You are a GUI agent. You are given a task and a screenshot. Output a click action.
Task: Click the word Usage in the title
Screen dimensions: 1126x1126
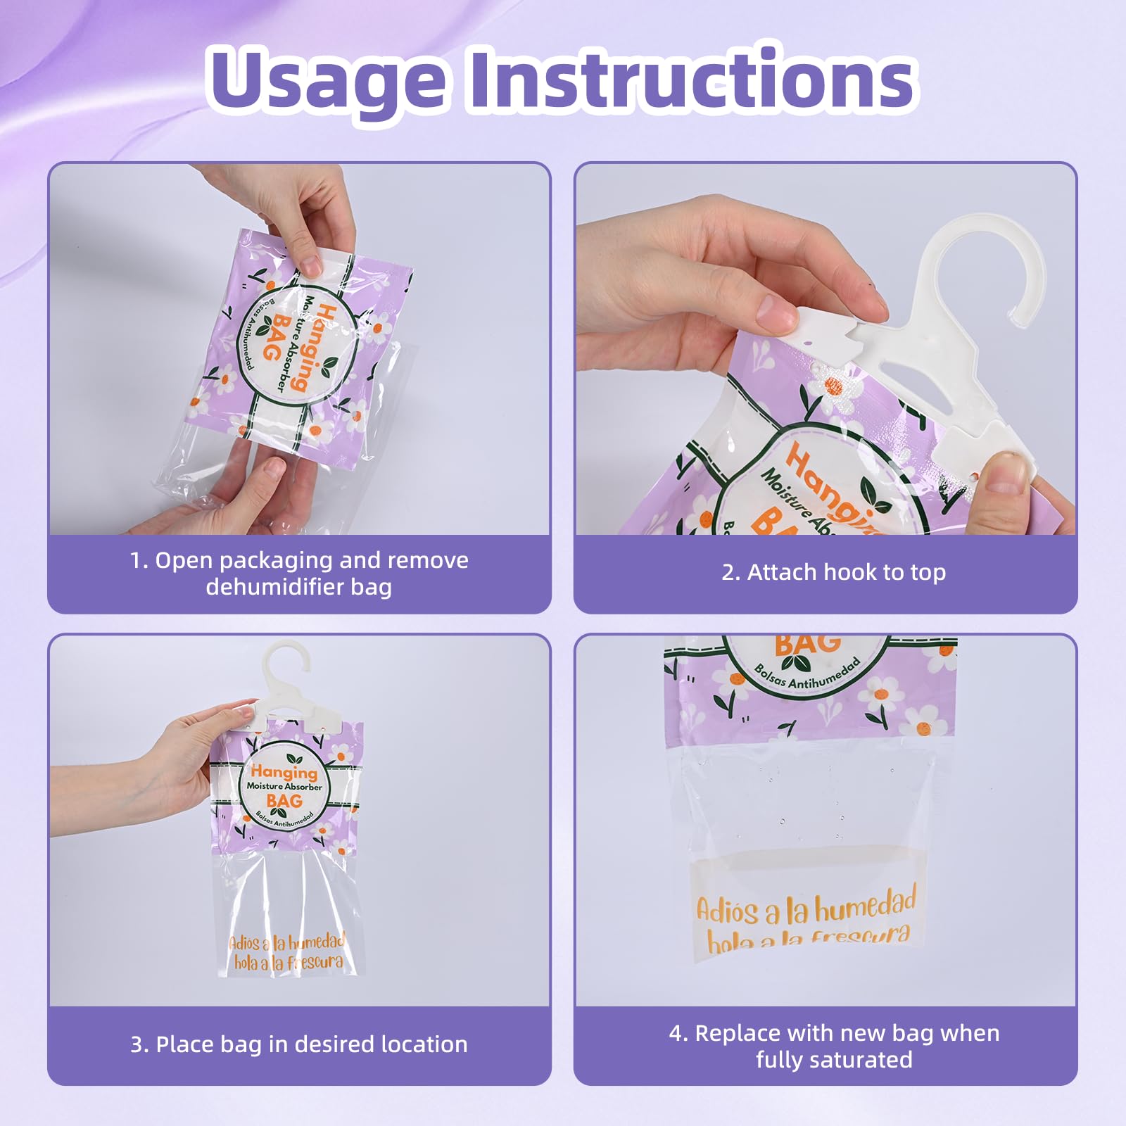coord(326,79)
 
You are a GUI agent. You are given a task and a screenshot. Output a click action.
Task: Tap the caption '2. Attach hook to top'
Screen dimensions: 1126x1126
coord(833,572)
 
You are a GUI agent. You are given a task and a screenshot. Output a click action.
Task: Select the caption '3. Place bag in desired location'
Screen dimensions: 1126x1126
coord(298,1044)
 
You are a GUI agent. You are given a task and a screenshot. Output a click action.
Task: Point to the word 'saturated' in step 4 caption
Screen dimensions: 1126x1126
coord(834,1059)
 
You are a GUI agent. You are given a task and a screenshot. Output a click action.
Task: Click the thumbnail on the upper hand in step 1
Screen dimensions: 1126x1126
coord(310,265)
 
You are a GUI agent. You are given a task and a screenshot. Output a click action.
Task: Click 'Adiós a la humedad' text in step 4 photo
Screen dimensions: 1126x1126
coord(806,908)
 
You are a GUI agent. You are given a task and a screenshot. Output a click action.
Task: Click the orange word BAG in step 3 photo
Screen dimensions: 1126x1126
coord(284,801)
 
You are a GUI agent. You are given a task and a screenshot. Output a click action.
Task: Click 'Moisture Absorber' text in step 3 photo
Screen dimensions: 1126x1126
coord(284,786)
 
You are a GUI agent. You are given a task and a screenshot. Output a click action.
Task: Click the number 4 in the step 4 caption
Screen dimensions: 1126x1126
coord(676,1033)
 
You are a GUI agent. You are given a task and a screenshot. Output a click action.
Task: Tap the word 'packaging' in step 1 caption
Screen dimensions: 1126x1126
coord(276,560)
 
